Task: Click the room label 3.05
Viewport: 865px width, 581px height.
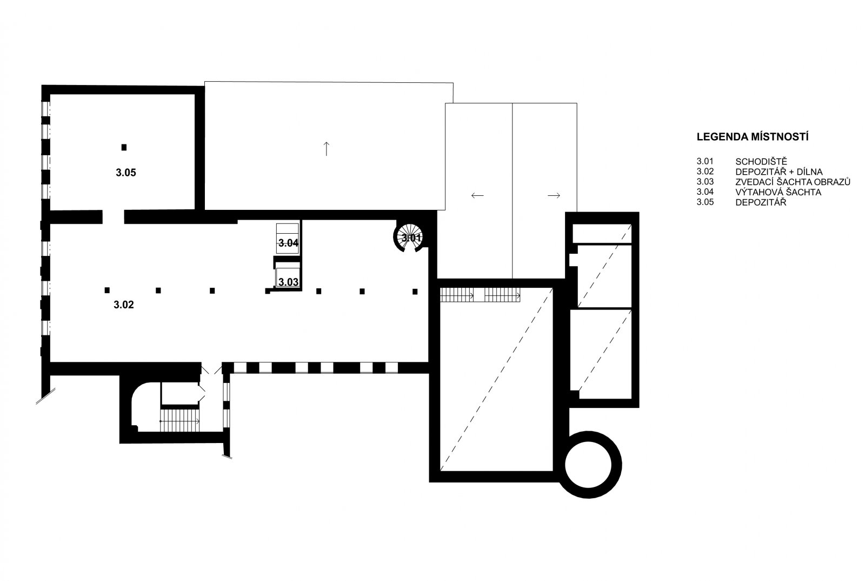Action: [126, 173]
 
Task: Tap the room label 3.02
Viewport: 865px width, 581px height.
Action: [124, 305]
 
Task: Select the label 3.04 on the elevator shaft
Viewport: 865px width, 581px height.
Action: [289, 243]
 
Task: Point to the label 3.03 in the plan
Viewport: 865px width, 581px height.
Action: [289, 282]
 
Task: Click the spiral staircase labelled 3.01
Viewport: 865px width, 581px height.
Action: [409, 237]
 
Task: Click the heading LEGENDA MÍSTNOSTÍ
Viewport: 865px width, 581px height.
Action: [753, 137]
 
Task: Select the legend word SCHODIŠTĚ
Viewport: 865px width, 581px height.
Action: [760, 161]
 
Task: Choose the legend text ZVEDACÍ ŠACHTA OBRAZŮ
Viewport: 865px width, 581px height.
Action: [793, 182]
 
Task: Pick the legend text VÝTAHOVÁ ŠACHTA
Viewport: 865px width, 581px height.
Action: [778, 192]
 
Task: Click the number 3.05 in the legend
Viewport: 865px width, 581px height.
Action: [705, 202]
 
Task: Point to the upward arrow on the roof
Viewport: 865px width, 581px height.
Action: [327, 149]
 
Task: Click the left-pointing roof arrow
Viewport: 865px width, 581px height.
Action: [477, 195]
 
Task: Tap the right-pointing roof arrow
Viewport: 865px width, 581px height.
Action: [554, 195]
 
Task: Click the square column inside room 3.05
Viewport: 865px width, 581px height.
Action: [124, 147]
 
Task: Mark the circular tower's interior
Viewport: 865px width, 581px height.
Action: [588, 465]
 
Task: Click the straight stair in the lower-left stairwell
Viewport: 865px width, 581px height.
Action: [180, 421]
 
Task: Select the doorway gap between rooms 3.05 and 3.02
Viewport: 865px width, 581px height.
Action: [113, 217]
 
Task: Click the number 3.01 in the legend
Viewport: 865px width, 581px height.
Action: [705, 161]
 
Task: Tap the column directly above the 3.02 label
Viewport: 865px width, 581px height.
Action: [107, 290]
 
